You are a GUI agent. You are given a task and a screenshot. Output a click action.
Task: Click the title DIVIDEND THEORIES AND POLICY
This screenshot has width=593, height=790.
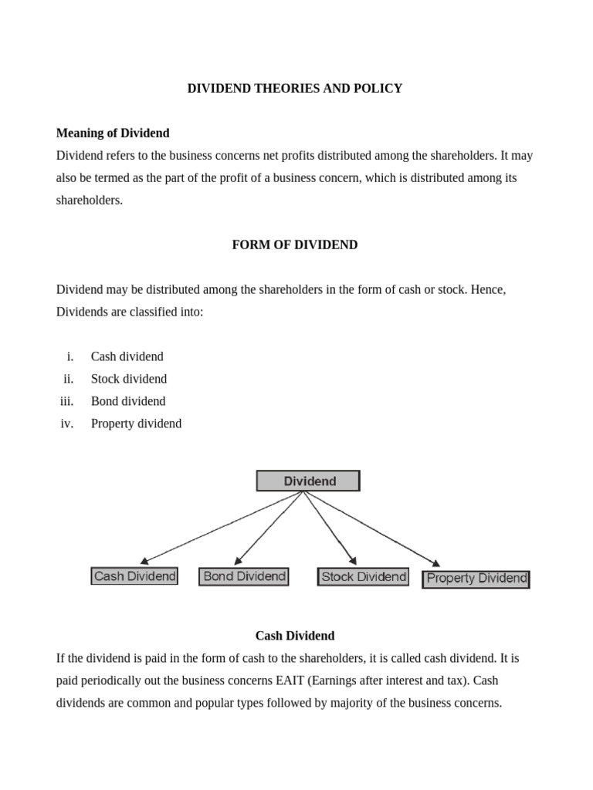[x=295, y=89]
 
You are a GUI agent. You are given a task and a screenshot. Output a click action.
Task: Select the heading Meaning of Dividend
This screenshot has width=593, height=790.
[x=113, y=133]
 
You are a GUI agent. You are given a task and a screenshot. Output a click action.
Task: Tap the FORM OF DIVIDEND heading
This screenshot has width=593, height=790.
[x=295, y=245]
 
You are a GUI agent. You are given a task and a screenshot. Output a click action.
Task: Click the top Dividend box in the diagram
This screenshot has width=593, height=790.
[x=308, y=481]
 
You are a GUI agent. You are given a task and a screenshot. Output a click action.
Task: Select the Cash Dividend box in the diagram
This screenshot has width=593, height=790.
[x=134, y=576]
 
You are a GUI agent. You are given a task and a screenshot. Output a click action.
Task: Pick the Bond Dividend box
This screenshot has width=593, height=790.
[x=244, y=576]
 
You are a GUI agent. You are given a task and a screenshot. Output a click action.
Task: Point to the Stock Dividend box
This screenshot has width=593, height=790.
[x=363, y=577]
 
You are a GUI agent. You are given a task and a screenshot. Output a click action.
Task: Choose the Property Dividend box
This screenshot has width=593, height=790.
[x=476, y=579]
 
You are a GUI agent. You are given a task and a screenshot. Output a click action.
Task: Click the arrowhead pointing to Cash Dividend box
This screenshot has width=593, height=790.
[x=144, y=561]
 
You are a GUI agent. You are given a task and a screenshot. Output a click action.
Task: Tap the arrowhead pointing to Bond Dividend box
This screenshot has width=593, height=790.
[x=238, y=561]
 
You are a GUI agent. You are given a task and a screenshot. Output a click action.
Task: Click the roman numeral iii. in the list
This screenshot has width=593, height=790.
[x=66, y=401]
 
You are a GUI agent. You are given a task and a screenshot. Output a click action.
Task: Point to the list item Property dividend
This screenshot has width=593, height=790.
[x=136, y=424]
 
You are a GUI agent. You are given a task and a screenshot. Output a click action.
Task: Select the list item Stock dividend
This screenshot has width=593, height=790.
[x=128, y=379]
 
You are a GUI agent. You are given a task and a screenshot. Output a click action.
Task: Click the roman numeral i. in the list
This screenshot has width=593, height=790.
[x=70, y=356]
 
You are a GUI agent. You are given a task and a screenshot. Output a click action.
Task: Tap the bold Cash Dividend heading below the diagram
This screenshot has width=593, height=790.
[x=295, y=636]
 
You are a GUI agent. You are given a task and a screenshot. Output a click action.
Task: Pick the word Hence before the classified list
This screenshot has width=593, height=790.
[x=488, y=289]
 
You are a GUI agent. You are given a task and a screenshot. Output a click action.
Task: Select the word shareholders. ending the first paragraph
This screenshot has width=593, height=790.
[x=90, y=200]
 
